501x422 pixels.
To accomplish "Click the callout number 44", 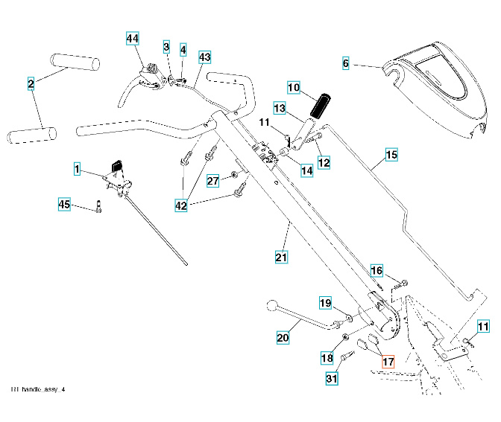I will tap(132, 38).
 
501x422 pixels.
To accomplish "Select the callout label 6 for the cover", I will tap(345, 64).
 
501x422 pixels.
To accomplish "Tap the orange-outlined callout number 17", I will tap(387, 362).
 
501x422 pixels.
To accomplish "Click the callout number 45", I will tap(64, 204).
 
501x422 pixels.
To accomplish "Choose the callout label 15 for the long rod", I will tap(391, 156).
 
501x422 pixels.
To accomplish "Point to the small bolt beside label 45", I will tap(98, 209).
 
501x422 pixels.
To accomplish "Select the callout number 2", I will tap(31, 84).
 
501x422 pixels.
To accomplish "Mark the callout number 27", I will tap(212, 181).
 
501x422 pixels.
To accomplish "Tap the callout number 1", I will tap(77, 170).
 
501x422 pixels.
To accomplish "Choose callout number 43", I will tap(204, 57).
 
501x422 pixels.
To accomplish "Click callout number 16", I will tap(376, 270).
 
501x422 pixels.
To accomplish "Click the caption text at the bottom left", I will tap(43, 389).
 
